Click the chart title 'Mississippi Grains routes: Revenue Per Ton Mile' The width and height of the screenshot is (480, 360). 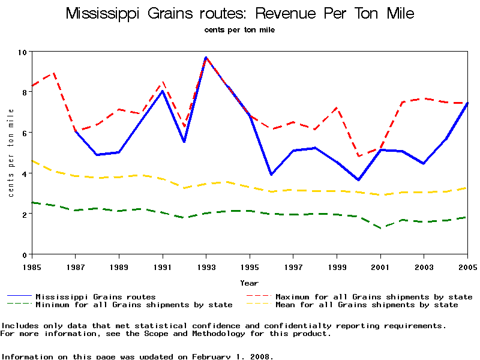(x=240, y=13)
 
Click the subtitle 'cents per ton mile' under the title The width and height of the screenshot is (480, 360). (x=239, y=30)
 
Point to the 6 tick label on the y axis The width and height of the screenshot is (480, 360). (x=25, y=133)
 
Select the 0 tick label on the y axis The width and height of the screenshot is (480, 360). (x=25, y=254)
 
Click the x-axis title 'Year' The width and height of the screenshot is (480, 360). (x=249, y=283)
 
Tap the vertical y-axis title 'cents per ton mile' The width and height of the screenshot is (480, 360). (x=11, y=153)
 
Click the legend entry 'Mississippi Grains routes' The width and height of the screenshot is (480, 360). (x=95, y=296)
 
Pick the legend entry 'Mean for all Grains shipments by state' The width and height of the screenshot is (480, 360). (x=367, y=305)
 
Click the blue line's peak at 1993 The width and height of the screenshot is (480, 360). (x=206, y=58)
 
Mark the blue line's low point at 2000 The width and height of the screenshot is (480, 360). (x=358, y=179)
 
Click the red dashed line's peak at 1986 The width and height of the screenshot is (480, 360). (x=54, y=73)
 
